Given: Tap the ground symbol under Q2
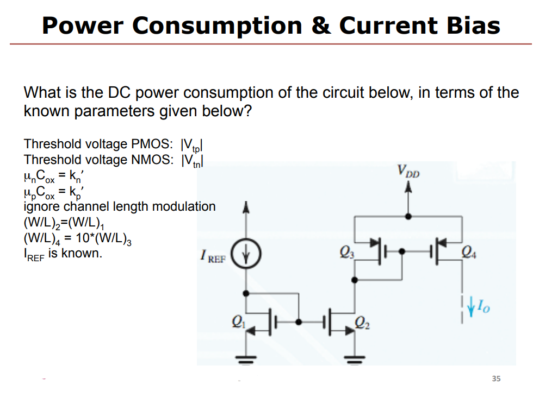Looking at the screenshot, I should tap(355, 359).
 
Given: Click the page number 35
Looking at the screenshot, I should tap(495, 379).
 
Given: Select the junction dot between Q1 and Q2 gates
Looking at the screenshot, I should tap(299, 321).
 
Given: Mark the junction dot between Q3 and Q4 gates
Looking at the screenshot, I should tap(402, 251).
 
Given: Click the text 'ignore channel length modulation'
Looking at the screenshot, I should tap(120, 206).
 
